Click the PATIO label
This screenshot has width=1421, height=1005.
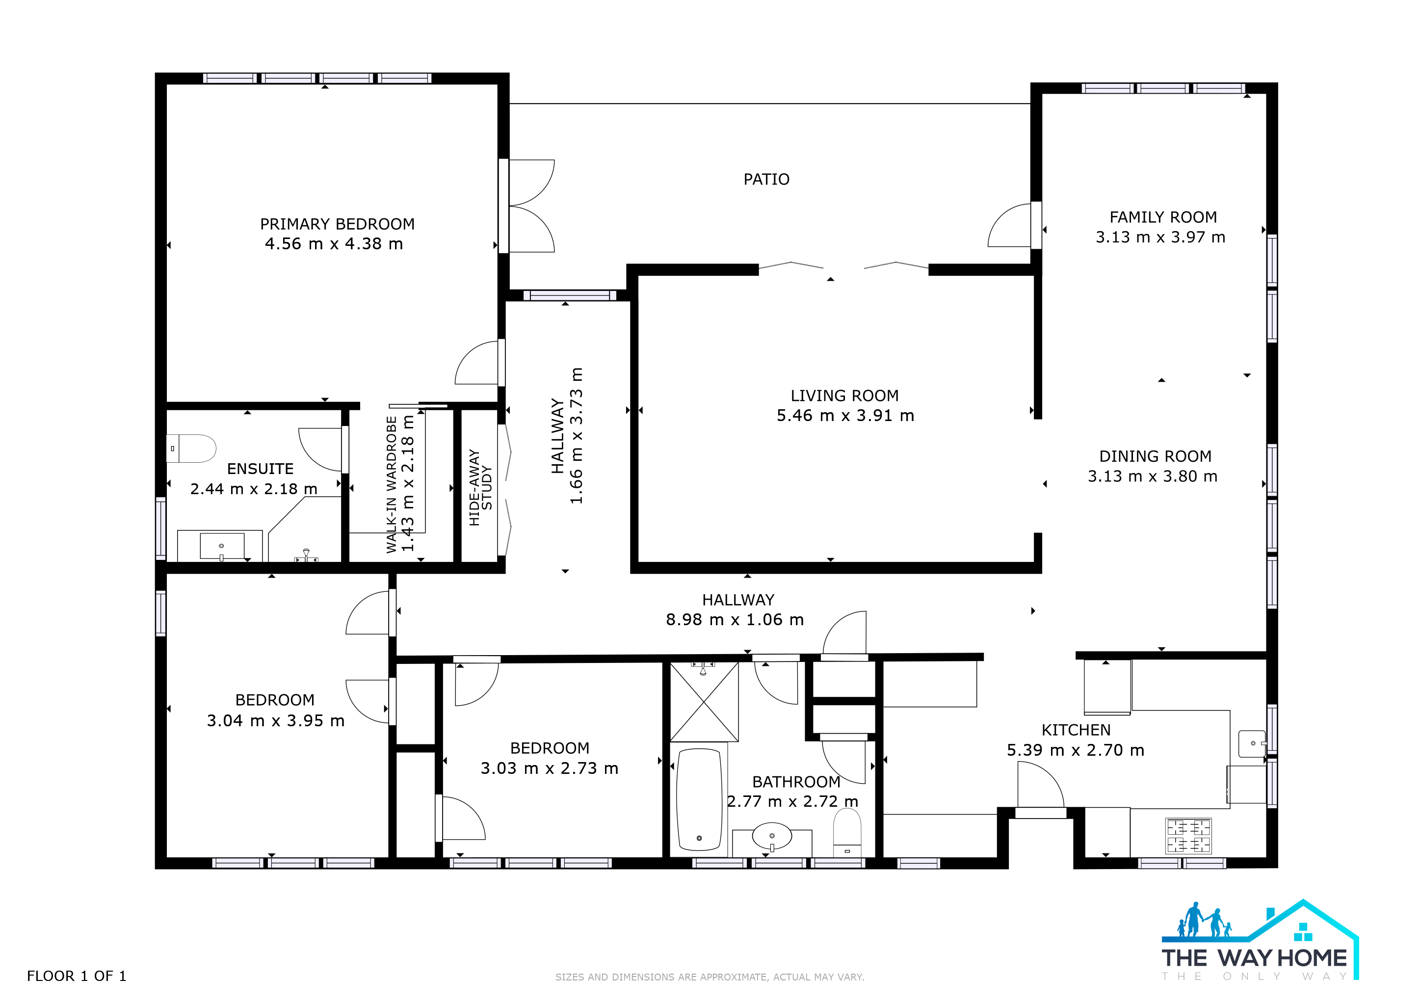coord(766,180)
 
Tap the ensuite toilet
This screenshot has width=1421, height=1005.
coord(191,449)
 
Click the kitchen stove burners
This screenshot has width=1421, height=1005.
coord(1188,836)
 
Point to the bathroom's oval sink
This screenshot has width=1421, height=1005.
coord(772,837)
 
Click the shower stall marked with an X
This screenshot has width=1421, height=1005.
coord(704,702)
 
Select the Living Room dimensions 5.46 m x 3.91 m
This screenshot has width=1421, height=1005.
coord(845,416)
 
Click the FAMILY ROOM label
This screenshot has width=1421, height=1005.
coord(1163,217)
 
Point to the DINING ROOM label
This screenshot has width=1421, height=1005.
coord(1155,456)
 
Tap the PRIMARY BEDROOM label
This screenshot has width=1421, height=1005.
coord(337,224)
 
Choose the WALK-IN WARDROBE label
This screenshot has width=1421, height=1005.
coord(391,484)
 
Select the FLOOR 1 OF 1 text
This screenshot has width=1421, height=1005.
coord(77,977)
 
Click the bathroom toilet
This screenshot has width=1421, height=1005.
coord(847,832)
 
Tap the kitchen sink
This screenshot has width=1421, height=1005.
coord(1253,744)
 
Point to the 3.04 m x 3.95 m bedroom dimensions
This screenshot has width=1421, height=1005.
coord(275,721)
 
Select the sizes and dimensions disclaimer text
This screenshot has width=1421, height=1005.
coord(710,977)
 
